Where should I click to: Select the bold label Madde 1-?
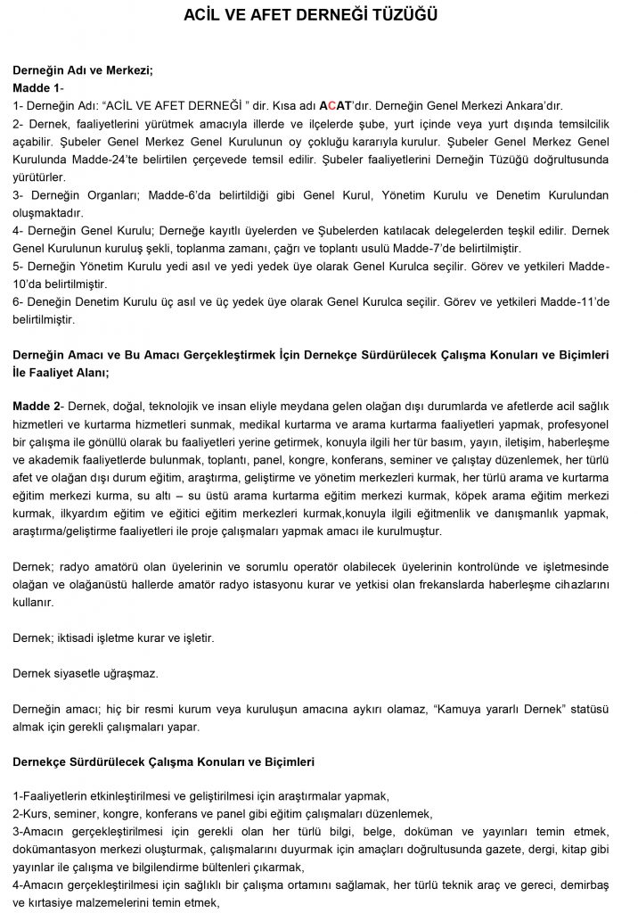pos(38,87)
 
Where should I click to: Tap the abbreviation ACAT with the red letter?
pos(335,105)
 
